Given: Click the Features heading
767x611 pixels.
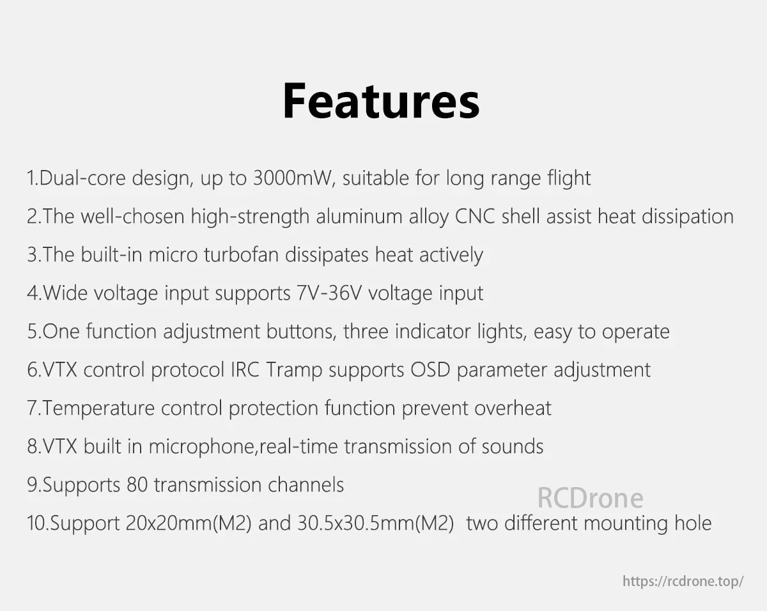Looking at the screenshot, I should click(x=381, y=101).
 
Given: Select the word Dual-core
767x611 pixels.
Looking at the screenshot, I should click(x=82, y=178).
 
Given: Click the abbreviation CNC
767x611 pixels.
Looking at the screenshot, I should click(x=476, y=216).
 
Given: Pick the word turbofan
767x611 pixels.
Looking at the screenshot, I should click(x=242, y=254).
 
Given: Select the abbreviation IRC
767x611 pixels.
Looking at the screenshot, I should click(x=244, y=369).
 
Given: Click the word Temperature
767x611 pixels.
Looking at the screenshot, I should click(x=99, y=408).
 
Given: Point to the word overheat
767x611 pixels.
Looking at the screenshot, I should click(x=513, y=408).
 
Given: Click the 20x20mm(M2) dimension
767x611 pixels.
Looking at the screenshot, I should click(x=189, y=523).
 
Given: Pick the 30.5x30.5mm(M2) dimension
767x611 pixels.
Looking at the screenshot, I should click(x=376, y=523).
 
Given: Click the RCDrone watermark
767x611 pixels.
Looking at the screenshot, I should click(x=590, y=498).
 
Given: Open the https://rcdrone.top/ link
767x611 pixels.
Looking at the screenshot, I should click(x=683, y=581).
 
